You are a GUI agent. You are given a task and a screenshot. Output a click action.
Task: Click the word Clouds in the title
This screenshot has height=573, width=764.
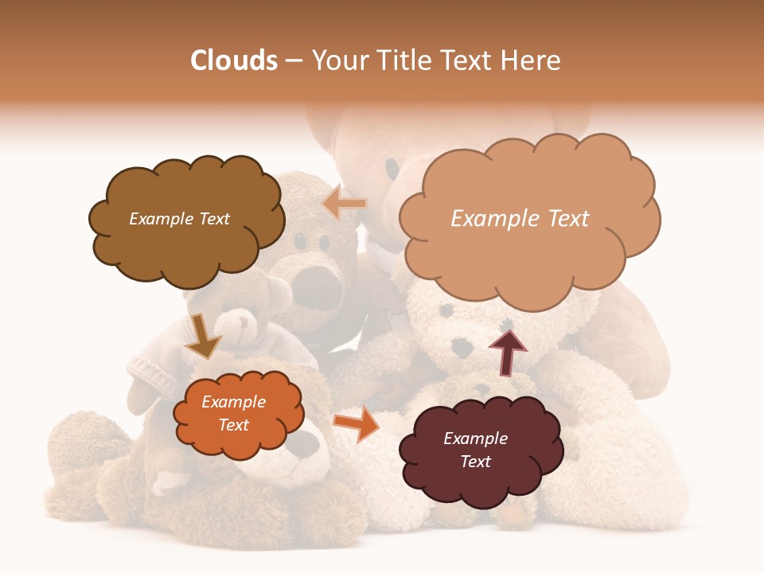233,60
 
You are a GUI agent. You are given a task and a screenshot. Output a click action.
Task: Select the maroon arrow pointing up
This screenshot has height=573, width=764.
508,351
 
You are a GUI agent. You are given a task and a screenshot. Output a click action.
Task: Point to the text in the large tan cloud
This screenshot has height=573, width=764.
520,219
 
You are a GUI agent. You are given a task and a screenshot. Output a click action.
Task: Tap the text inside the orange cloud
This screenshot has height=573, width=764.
233,414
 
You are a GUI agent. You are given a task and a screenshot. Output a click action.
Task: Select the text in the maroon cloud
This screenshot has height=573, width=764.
475,450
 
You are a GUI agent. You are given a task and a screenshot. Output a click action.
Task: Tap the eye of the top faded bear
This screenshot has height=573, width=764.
392,168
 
